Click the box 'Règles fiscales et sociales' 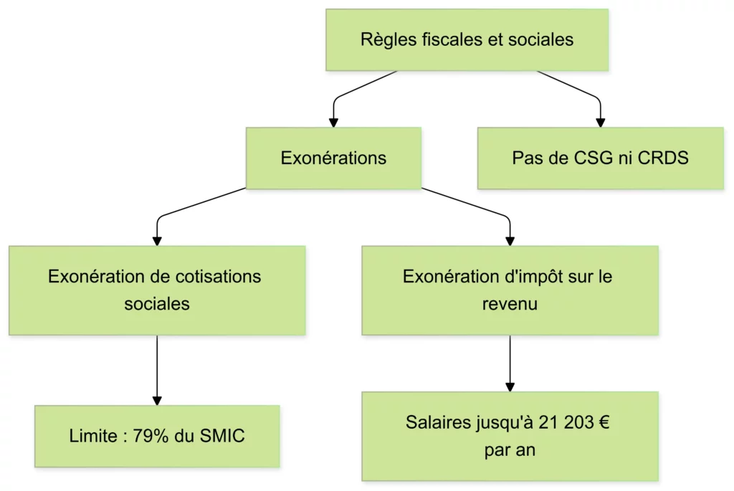click(x=467, y=39)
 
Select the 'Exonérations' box click(x=333, y=158)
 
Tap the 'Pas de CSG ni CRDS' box click(x=600, y=158)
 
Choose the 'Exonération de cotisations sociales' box click(x=157, y=290)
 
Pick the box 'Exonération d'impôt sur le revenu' click(x=510, y=290)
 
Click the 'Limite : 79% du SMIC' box click(x=157, y=436)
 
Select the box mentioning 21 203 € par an click(x=510, y=436)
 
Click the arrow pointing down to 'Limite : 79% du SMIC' click(x=157, y=369)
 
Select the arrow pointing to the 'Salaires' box click(x=510, y=363)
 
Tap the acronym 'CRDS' click(x=664, y=158)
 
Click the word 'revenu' click(x=510, y=304)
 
